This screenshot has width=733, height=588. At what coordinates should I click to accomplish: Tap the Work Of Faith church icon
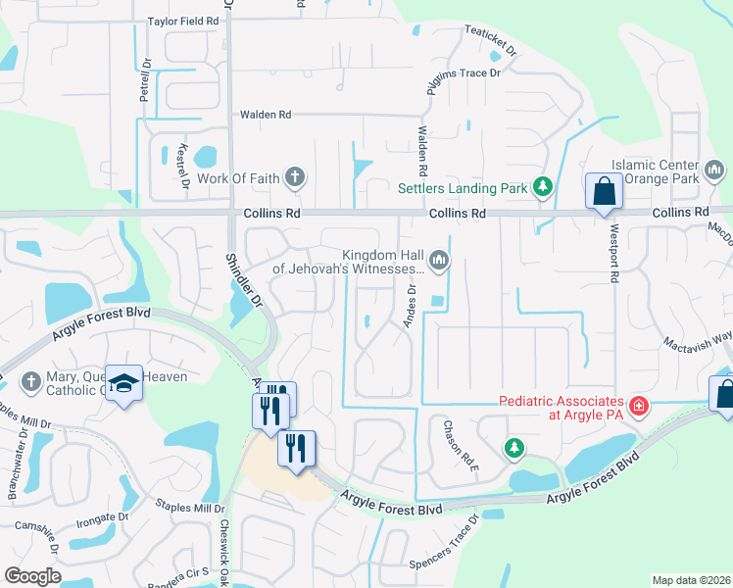294,177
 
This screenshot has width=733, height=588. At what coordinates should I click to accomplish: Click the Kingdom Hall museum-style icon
438,260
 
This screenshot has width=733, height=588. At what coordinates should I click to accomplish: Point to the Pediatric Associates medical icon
638,405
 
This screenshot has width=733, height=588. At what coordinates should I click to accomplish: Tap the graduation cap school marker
124,385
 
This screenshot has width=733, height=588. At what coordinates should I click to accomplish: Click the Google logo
32,576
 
